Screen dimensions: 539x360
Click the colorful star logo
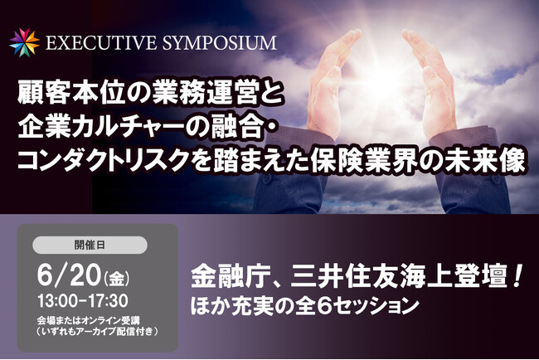coord(24,42)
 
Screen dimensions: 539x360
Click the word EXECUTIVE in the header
coord(101,43)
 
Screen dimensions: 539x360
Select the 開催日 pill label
coord(90,246)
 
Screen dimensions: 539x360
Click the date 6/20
coord(69,275)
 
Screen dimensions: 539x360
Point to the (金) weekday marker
coord(116,278)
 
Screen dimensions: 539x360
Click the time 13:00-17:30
coord(83,301)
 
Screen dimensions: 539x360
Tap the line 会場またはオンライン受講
coord(89,321)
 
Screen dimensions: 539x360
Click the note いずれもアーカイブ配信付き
coord(98,332)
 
